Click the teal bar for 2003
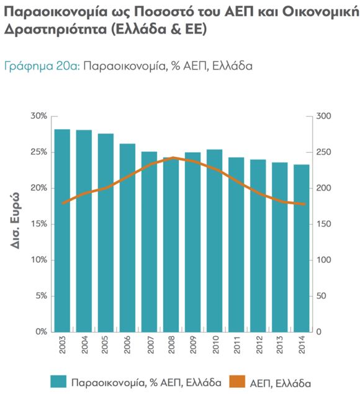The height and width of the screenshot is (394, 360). click(62, 230)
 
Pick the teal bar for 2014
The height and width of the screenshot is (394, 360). click(302, 248)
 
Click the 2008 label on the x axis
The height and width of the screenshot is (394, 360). click(171, 346)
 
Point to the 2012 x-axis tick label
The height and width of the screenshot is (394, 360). click(258, 346)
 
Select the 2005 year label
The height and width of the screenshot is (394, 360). click(106, 346)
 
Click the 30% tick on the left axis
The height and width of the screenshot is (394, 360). click(38, 116)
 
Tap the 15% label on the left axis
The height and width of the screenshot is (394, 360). click(38, 224)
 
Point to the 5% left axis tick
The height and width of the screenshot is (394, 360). click(41, 296)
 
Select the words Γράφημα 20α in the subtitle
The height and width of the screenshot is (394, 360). click(42, 65)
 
